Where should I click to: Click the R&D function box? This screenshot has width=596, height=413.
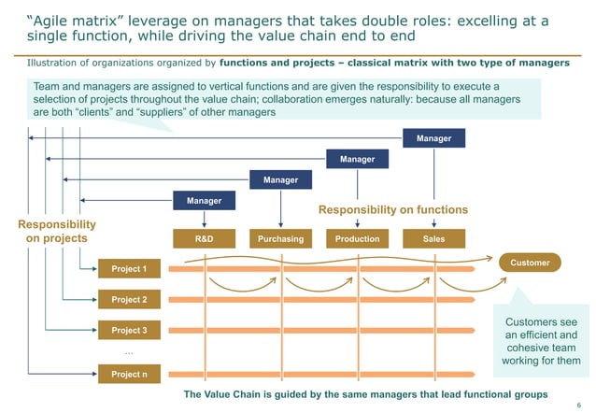click(205, 238)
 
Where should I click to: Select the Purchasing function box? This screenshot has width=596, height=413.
click(280, 238)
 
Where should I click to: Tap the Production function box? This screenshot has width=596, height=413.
click(357, 238)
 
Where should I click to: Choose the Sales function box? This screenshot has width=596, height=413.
click(433, 238)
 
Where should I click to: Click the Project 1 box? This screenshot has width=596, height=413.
click(129, 269)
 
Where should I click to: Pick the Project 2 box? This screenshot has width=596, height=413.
click(129, 300)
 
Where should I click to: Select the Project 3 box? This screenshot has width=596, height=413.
click(129, 330)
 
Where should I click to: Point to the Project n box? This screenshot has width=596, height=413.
click(129, 375)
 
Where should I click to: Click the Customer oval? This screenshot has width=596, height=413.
click(530, 263)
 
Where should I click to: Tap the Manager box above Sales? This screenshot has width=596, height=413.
click(433, 138)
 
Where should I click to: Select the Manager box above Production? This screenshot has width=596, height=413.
click(357, 159)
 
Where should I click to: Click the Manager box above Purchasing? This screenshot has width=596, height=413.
click(280, 179)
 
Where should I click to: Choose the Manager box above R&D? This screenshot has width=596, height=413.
click(205, 200)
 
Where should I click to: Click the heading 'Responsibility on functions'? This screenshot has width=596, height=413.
click(393, 210)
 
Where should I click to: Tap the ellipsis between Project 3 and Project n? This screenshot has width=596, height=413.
click(129, 353)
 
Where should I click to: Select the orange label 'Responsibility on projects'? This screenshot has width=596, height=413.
click(56, 231)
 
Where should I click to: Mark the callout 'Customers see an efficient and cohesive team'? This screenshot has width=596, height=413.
click(541, 341)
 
